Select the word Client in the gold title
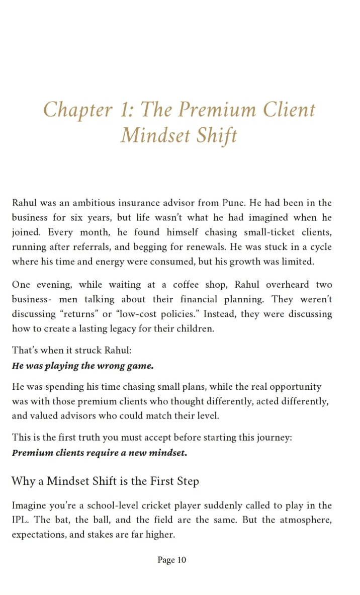(289, 110)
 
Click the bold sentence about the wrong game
(82, 366)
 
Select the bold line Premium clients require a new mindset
(99, 452)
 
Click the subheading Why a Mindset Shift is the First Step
(105, 481)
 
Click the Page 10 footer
(171, 560)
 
